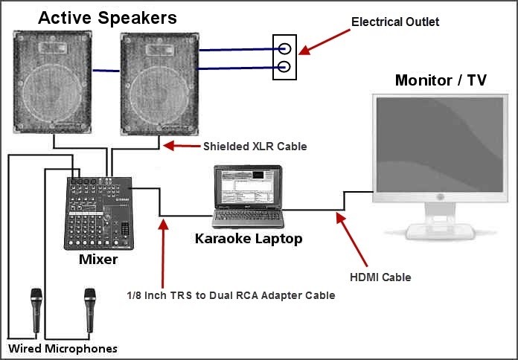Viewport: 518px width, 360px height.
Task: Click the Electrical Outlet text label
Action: (395, 22)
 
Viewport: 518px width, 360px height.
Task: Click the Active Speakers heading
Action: (107, 17)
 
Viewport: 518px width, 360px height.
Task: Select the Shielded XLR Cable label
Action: (255, 147)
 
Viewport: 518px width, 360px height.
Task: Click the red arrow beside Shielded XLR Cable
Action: (181, 147)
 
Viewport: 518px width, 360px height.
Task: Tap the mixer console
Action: (99, 213)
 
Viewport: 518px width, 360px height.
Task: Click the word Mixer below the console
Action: (98, 260)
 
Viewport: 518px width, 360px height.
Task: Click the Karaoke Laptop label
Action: (248, 239)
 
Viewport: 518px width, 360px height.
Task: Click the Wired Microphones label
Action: (63, 348)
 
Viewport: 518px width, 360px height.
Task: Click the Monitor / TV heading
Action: (441, 80)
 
